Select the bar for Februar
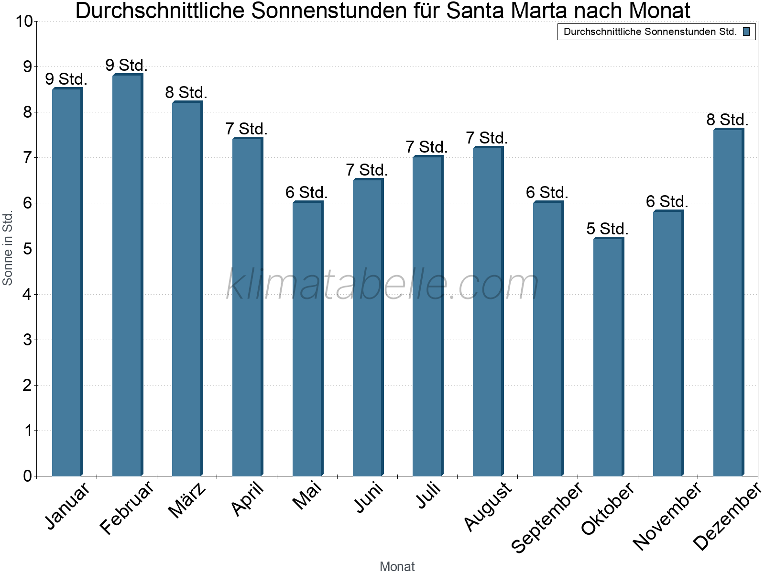click(127, 275)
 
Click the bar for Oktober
click(608, 357)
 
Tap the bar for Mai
click(307, 339)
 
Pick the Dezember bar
click(728, 302)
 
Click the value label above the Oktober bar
click(607, 229)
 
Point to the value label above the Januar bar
click(66, 79)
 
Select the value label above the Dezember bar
click(727, 120)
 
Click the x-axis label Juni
click(369, 497)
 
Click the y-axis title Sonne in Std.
click(8, 249)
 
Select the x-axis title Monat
click(397, 566)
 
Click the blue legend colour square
click(746, 32)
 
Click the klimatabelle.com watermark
click(382, 285)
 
